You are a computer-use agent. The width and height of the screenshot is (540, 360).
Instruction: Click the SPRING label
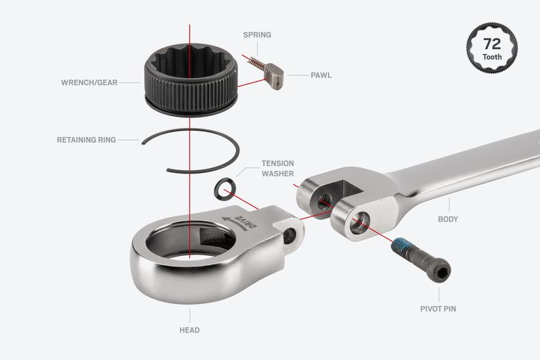click(257, 34)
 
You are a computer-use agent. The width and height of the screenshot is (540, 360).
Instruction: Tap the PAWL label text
click(321, 75)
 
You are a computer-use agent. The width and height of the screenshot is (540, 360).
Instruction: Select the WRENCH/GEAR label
click(89, 83)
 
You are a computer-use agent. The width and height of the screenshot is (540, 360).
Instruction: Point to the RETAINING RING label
click(86, 140)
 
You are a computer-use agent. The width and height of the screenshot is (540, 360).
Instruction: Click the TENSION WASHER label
click(278, 169)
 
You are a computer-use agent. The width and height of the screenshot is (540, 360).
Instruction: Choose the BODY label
click(448, 219)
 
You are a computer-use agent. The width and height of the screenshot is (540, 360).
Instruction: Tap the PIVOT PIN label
click(438, 309)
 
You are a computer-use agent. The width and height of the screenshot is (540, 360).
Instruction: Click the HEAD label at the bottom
click(189, 330)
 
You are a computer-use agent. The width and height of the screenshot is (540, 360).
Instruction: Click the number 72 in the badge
click(492, 44)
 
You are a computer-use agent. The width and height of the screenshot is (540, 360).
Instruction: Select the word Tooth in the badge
click(492, 57)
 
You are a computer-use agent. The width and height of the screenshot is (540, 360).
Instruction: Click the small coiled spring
click(257, 64)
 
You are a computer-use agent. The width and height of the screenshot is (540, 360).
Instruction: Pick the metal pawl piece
click(274, 77)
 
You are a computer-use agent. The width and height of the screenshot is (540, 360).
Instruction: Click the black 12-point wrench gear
click(191, 80)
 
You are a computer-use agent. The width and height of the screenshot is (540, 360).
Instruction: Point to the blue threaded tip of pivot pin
click(400, 246)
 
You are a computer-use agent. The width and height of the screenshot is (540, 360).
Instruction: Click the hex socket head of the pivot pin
click(441, 272)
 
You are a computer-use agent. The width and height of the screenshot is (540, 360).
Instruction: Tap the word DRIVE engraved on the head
click(246, 222)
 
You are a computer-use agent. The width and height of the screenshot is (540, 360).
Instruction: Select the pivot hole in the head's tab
click(289, 236)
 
